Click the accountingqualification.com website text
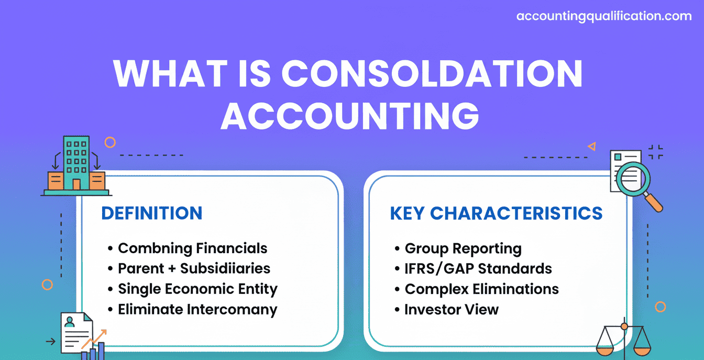(x=604, y=16)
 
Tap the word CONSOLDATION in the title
(x=432, y=73)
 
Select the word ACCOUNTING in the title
(x=350, y=116)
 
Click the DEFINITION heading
(x=152, y=213)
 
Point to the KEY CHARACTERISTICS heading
(x=496, y=213)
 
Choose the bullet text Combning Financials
(x=193, y=248)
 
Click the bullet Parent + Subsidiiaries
(x=194, y=268)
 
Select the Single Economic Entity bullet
(x=197, y=289)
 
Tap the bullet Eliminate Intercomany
(x=197, y=310)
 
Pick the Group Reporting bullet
(x=463, y=249)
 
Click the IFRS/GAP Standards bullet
(x=478, y=269)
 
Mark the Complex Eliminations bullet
(x=481, y=289)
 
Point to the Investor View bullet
(x=452, y=310)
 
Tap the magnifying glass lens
(x=633, y=179)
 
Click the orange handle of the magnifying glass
(x=654, y=203)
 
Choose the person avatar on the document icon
(x=69, y=322)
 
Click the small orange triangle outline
(x=592, y=147)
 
